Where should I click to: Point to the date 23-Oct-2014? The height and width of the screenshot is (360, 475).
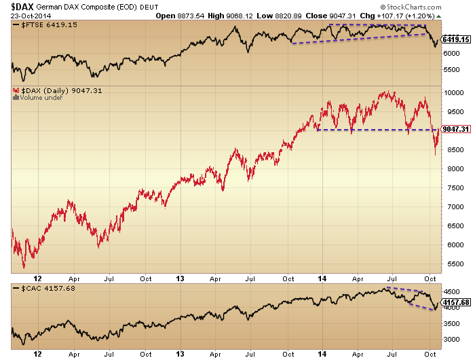coord(24,16)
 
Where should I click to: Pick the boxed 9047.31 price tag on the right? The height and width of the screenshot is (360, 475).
coord(455,129)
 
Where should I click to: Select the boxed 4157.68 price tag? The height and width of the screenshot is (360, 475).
coord(455,301)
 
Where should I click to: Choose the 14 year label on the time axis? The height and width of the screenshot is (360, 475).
coord(319,278)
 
